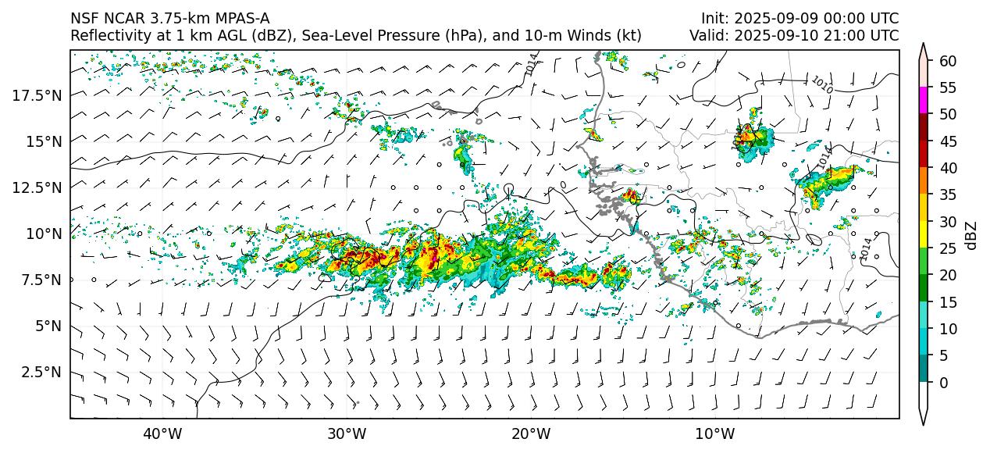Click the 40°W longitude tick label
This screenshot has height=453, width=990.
[162, 434]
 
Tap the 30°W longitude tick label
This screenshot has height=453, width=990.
[347, 434]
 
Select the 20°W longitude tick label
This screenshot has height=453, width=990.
[531, 434]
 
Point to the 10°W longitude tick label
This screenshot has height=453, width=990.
[715, 434]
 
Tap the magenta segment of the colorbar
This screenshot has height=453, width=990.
[924, 101]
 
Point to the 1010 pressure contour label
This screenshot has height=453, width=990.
[821, 84]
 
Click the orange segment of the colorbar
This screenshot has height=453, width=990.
[924, 181]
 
